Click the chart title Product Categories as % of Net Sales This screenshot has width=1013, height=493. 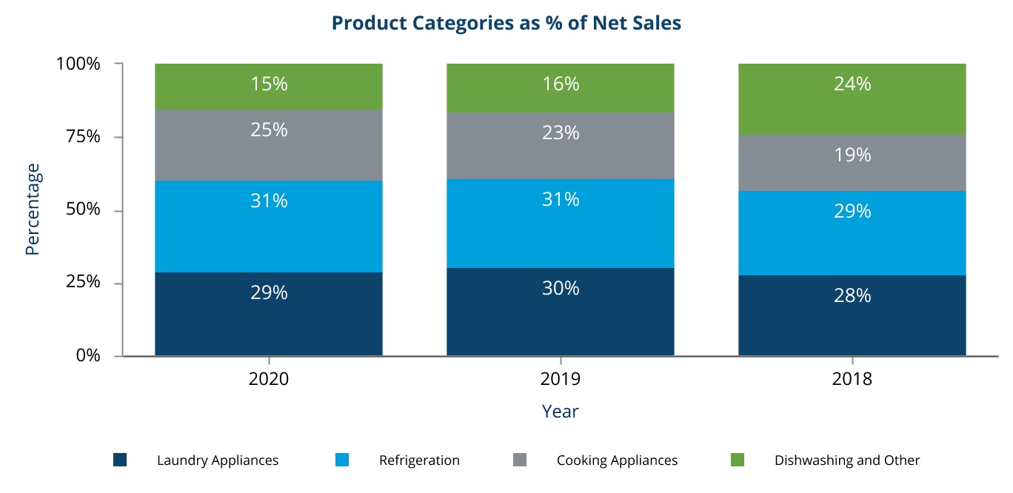[x=506, y=23]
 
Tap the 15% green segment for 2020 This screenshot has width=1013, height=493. [x=269, y=86]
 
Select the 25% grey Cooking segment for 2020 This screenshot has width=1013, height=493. [x=269, y=144]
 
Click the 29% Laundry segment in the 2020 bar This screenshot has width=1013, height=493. [x=269, y=314]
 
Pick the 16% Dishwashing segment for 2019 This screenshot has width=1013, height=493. [x=560, y=87]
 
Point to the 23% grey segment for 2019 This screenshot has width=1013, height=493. [x=560, y=145]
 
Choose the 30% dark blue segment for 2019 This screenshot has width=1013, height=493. [x=560, y=311]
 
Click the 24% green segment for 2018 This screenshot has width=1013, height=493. [x=852, y=98]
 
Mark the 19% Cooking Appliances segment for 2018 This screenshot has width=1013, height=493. [x=852, y=162]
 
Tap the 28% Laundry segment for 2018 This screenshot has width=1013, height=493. [x=852, y=315]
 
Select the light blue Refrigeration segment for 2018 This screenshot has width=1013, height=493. [x=852, y=232]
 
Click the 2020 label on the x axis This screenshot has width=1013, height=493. [x=269, y=379]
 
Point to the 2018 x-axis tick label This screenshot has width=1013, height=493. [x=852, y=379]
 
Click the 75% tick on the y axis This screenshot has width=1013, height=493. [x=78, y=137]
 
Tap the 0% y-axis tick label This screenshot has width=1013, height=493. [x=88, y=355]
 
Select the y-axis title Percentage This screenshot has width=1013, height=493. [x=32, y=209]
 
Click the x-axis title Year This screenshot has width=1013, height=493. [x=560, y=411]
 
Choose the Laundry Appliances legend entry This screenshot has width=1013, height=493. [x=218, y=460]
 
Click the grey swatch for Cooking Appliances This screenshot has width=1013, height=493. [x=520, y=460]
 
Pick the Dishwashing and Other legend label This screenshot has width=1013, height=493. [x=846, y=460]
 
